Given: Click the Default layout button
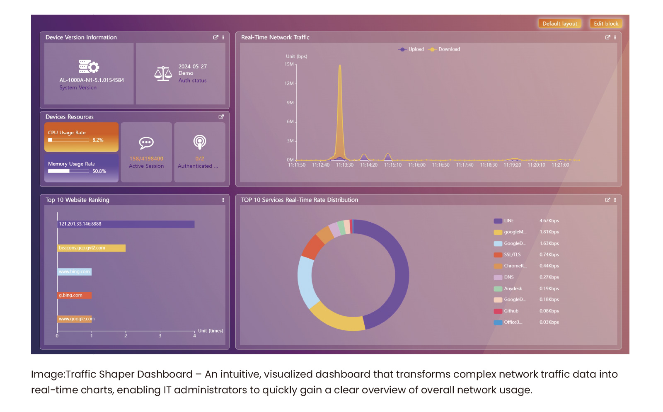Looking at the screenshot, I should click(x=560, y=24).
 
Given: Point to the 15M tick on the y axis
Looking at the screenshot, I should click(x=289, y=64).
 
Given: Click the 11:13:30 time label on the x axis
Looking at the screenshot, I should click(x=345, y=165).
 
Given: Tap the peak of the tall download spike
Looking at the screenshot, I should click(x=340, y=65).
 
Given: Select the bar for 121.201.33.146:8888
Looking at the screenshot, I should click(x=126, y=224).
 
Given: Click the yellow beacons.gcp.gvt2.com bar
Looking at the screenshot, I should click(x=91, y=248).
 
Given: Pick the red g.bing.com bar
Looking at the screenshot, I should click(x=74, y=296).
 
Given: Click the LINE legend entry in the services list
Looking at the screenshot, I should click(x=508, y=221).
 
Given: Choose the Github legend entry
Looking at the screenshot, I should click(x=511, y=311).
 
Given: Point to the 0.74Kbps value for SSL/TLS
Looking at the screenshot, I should click(x=549, y=255).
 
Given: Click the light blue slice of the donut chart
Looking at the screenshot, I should click(x=305, y=282).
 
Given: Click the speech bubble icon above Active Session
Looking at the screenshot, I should click(x=146, y=143).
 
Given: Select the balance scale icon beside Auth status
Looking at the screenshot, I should click(x=163, y=74).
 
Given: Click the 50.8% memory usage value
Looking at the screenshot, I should click(x=99, y=171).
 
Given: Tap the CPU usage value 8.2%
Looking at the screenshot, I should click(x=98, y=140).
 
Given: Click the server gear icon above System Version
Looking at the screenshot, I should click(x=89, y=66).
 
